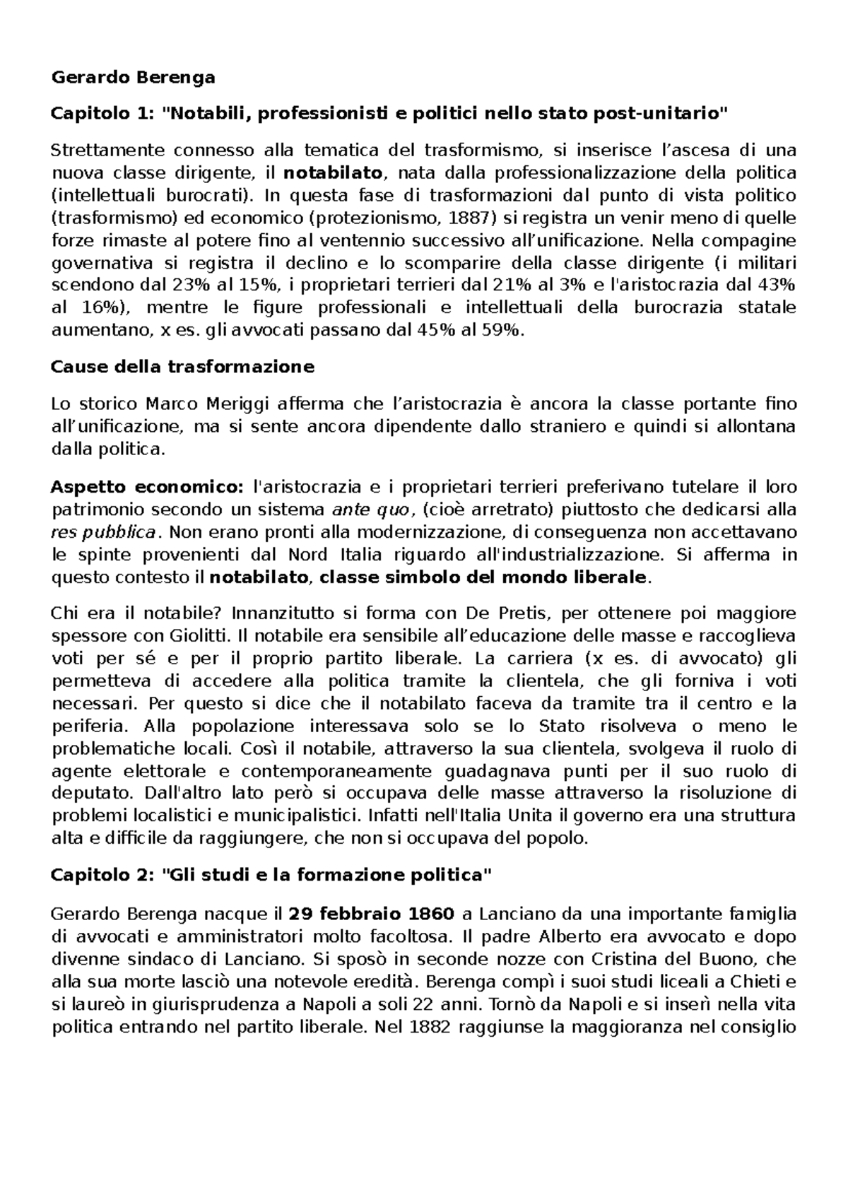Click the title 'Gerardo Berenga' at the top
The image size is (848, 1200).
point(134,78)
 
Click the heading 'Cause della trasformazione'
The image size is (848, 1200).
point(183,367)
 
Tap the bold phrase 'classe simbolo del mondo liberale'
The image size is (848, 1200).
point(483,577)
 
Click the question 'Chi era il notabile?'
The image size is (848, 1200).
point(139,613)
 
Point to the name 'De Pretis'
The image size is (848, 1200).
point(497,613)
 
